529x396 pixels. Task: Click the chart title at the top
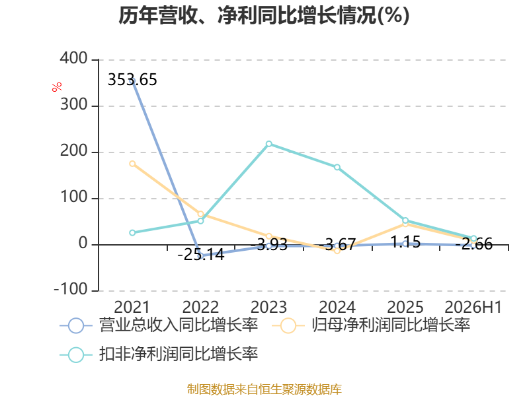pos(264,15)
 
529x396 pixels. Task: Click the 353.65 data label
pos(132,80)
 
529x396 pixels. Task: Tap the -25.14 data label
pos(201,255)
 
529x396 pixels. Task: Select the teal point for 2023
pos(269,144)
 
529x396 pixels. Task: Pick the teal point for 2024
pos(337,167)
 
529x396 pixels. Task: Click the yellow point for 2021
pos(132,164)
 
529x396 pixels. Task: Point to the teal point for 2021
pos(132,233)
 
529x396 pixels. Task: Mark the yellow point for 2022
pos(201,214)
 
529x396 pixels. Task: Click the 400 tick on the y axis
pos(74,59)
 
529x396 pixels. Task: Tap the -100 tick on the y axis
pos(71,289)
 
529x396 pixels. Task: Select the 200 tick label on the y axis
pos(74,151)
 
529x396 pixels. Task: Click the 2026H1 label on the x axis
pos(473,307)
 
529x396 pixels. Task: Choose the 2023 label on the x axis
pos(269,307)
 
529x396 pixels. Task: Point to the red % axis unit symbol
pos(57,86)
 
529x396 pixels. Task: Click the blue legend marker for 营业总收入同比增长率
pos(76,325)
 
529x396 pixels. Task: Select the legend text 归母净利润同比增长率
pos(391,325)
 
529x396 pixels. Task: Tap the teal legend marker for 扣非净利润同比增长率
pos(76,354)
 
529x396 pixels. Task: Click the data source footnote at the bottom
pos(264,389)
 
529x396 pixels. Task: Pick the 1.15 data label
pos(405,242)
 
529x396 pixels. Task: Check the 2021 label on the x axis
pos(132,307)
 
